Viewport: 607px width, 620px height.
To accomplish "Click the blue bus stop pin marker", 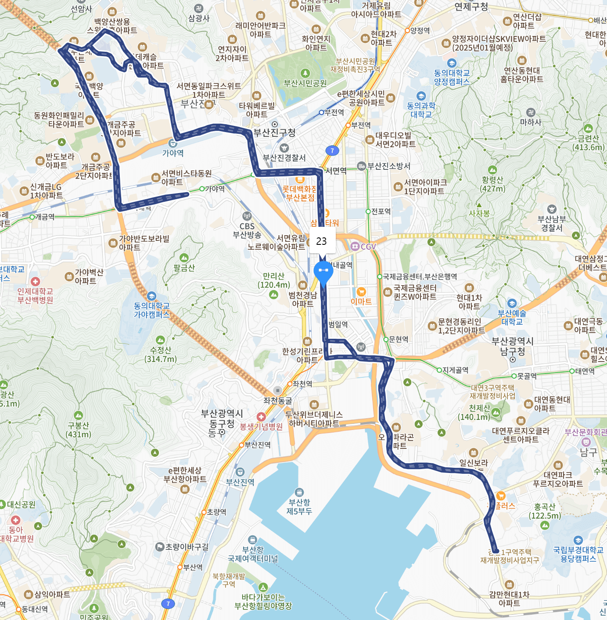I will [323, 271].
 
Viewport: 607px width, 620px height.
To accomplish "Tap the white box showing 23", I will [322, 241].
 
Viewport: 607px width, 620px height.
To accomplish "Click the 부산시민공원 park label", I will [305, 83].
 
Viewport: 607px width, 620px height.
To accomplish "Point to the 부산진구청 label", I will [274, 132].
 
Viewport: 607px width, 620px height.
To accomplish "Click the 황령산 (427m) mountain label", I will [492, 184].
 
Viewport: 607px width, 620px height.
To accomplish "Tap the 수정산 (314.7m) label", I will [161, 354].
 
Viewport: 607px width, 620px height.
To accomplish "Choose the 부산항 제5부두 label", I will [299, 506].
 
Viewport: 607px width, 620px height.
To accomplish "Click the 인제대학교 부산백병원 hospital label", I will [35, 295].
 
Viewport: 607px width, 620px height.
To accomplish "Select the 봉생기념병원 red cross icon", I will [261, 416].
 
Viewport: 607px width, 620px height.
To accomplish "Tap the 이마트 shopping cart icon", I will [361, 292].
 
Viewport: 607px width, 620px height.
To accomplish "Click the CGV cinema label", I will [368, 247].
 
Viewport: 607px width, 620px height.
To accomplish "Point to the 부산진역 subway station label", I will [257, 445].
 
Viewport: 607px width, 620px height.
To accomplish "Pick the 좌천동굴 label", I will [278, 400].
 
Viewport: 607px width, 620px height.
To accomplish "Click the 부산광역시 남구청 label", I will [512, 346].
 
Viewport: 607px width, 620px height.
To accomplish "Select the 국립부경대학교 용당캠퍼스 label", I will [578, 554].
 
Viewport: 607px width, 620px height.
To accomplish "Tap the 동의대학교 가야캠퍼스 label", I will [151, 310].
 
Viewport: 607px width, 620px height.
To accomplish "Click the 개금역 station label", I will [44, 217].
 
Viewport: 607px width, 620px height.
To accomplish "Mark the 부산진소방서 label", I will [388, 166].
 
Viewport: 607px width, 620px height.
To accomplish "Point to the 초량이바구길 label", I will [187, 547].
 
